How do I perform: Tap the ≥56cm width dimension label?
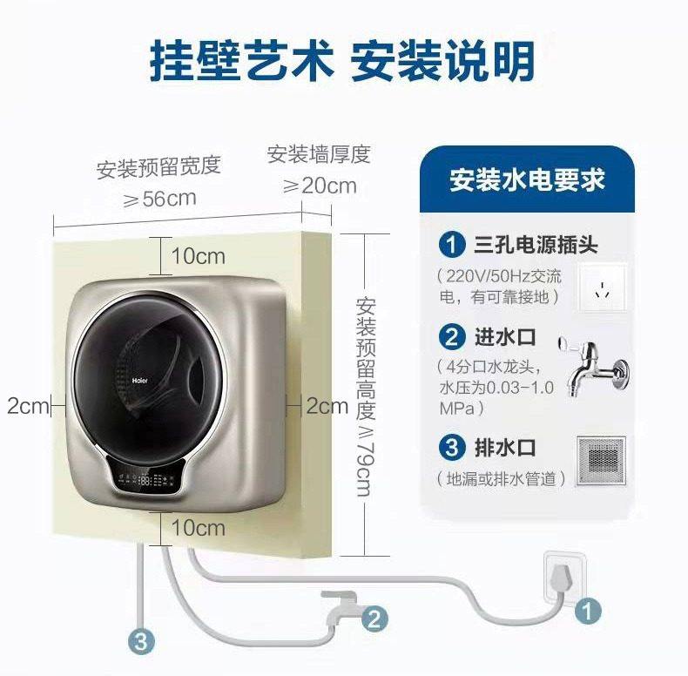pyautogui.click(x=159, y=199)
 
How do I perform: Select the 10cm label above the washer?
pyautogui.click(x=198, y=256)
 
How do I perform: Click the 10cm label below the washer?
pyautogui.click(x=198, y=528)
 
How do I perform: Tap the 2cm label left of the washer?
pyautogui.click(x=25, y=405)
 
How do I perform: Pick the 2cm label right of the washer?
pyautogui.click(x=327, y=405)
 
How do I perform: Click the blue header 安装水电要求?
pyautogui.click(x=527, y=180)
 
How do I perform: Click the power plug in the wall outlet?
pyautogui.click(x=564, y=576)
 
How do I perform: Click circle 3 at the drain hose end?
pyautogui.click(x=142, y=643)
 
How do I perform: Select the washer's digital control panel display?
pyautogui.click(x=147, y=479)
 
